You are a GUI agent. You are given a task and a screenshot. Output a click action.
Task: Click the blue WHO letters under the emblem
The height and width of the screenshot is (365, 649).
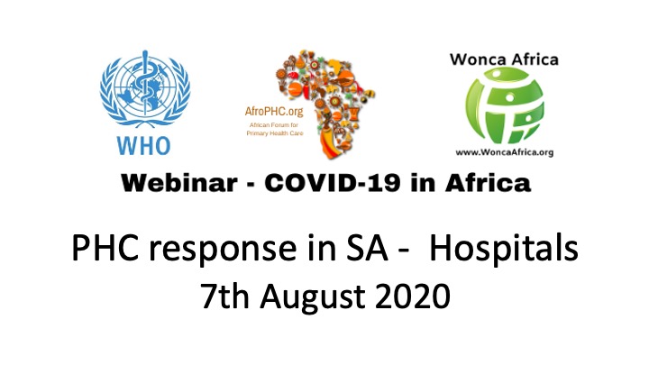pyautogui.click(x=143, y=146)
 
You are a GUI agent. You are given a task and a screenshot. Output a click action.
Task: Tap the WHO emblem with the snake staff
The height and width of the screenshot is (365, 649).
pyautogui.click(x=145, y=89)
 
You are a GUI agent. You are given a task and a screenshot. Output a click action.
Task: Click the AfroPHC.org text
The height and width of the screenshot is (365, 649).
pyautogui.click(x=274, y=112)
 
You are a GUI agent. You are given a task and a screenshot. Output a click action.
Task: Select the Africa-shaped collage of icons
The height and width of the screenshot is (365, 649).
pyautogui.click(x=324, y=105)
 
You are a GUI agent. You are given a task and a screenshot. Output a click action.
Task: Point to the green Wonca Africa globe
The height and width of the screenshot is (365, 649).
pyautogui.click(x=505, y=105)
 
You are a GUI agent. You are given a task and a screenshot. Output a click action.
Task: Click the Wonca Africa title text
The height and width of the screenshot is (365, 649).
pyautogui.click(x=504, y=59)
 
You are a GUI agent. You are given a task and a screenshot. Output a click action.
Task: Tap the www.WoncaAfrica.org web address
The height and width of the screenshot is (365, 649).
pyautogui.click(x=505, y=152)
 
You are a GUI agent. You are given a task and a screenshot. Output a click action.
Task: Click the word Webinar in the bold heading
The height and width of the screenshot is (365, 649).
pyautogui.click(x=179, y=183)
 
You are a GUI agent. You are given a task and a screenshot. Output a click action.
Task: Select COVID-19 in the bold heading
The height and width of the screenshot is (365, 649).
pyautogui.click(x=333, y=183)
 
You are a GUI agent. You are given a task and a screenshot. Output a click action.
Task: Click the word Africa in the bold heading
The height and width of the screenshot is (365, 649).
pyautogui.click(x=488, y=183)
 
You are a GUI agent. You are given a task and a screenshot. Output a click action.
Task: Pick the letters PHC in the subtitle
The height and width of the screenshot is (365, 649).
pyautogui.click(x=105, y=248)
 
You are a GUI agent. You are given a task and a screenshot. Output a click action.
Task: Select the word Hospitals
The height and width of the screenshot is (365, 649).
pyautogui.click(x=504, y=249)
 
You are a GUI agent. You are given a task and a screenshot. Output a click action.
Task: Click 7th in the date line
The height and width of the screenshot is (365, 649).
pyautogui.click(x=225, y=296)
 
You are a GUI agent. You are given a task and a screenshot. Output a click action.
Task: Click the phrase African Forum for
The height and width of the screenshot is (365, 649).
pyautogui.click(x=274, y=125)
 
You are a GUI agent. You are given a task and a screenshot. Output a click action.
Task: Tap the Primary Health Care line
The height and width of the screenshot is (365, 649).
pyautogui.click(x=275, y=133)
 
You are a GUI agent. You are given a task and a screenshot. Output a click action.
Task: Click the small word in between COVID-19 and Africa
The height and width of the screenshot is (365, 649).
pyautogui.click(x=423, y=183)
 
